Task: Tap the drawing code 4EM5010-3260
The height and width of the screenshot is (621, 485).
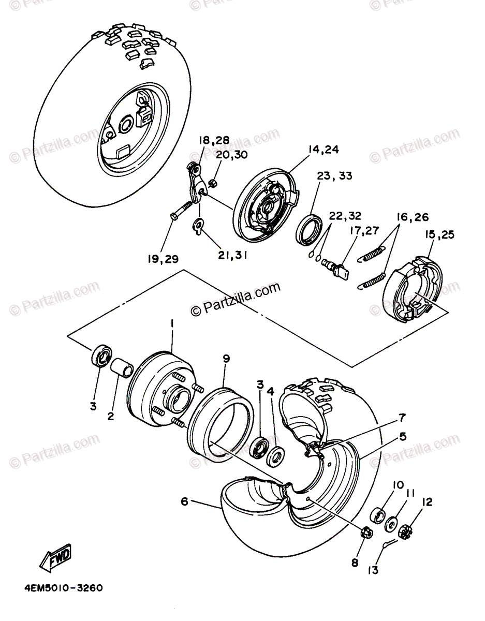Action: [x=63, y=588]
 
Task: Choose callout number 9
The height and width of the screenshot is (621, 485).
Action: [x=226, y=358]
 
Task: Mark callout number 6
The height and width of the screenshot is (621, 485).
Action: [x=184, y=500]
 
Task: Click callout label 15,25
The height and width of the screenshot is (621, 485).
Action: [x=439, y=235]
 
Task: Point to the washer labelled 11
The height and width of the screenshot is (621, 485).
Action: [x=391, y=521]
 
